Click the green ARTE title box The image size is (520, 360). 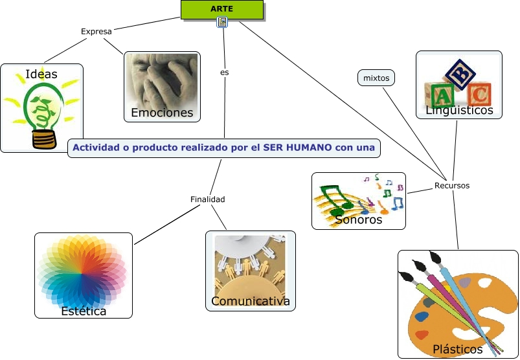click(222, 9)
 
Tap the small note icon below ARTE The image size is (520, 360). click(222, 23)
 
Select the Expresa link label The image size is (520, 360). click(96, 31)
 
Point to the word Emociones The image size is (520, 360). click(162, 113)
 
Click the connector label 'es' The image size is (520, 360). click(224, 73)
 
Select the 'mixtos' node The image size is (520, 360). click(376, 78)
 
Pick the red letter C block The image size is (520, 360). click(479, 95)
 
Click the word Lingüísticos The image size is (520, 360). click(459, 111)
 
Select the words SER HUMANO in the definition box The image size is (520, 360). click(297, 148)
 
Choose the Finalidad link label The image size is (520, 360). click(208, 199)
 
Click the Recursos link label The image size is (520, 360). click(452, 185)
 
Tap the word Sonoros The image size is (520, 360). click(359, 219)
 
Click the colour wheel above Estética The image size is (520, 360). click(82, 273)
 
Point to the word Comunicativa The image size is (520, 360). click(250, 301)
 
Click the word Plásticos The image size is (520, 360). click(458, 349)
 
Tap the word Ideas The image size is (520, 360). click(41, 74)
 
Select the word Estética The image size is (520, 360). click(84, 311)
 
